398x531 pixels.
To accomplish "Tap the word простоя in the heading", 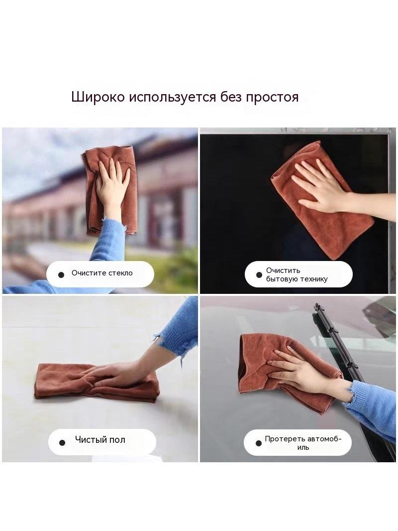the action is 272,97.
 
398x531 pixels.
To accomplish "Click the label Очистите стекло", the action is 102,273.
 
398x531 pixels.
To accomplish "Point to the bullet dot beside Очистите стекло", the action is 61,274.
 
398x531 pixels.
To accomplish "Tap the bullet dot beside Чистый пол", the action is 62,442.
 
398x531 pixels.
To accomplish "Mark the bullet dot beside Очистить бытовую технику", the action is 259,274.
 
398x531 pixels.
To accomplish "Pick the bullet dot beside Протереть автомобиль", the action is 259,443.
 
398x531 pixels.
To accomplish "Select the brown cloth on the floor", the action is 97,383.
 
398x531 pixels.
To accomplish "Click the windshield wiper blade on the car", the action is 352,373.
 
